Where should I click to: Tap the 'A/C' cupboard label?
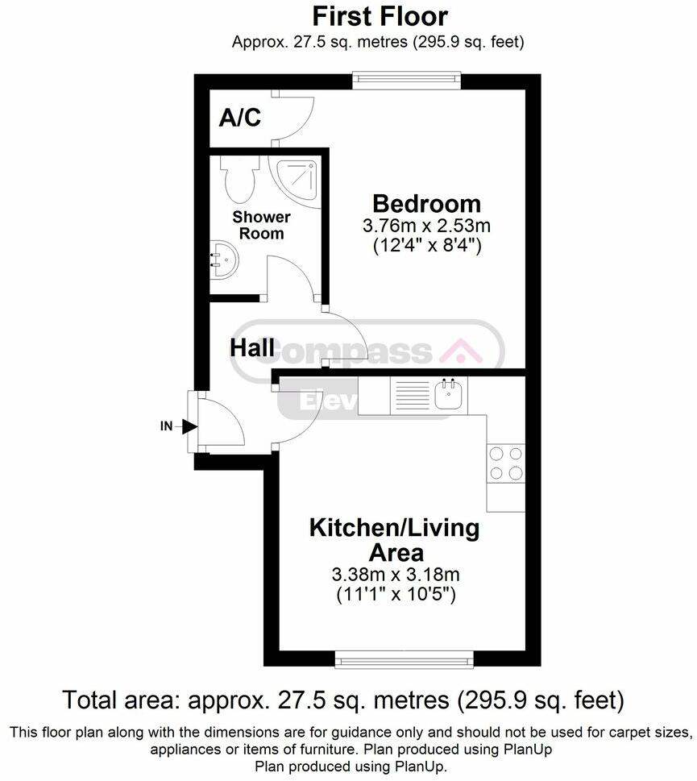(240, 118)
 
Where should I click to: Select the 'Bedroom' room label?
(426, 203)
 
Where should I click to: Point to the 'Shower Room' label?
(262, 226)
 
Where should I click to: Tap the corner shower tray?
(296, 179)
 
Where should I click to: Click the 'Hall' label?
(251, 349)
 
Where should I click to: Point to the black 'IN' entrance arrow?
(189, 426)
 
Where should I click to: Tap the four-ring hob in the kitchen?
(505, 463)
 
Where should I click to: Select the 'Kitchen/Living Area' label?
(395, 540)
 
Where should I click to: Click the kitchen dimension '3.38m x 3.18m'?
(395, 575)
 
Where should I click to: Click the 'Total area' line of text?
(343, 698)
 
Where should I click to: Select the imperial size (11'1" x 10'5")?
(395, 596)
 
